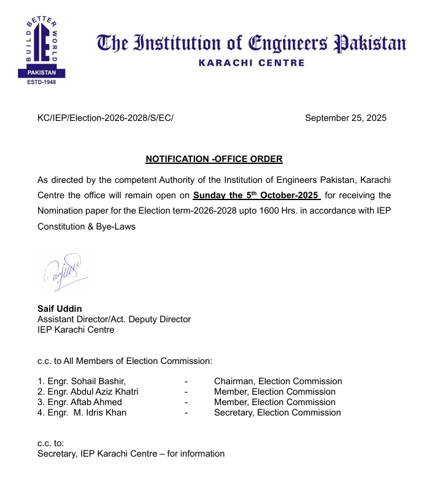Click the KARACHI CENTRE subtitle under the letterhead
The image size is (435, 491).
pyautogui.click(x=252, y=63)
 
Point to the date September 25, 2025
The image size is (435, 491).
pyautogui.click(x=345, y=118)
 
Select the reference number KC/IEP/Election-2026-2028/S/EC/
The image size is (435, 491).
pyautogui.click(x=106, y=118)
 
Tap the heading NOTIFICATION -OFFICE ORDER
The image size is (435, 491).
pyautogui.click(x=214, y=159)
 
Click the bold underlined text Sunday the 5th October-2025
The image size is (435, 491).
pyautogui.click(x=256, y=196)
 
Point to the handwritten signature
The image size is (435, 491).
pyautogui.click(x=64, y=271)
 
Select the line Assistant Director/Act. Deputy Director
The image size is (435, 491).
pyautogui.click(x=114, y=319)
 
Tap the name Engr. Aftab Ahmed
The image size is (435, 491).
pyautogui.click(x=80, y=402)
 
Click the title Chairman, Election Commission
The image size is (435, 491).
pyautogui.click(x=277, y=381)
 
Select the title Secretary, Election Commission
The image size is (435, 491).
pyautogui.click(x=277, y=412)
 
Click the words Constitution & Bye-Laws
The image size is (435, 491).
pyautogui.click(x=87, y=226)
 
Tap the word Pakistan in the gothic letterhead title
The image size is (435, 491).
pyautogui.click(x=368, y=44)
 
